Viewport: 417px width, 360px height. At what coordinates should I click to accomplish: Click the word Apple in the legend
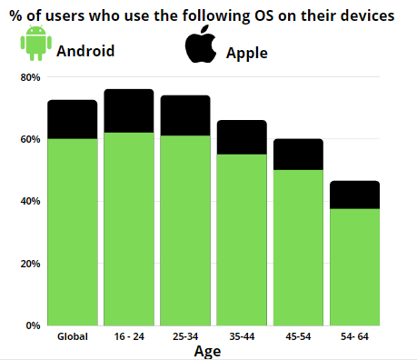tap(247, 54)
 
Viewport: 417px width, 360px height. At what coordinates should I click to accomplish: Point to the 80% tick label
tap(30, 78)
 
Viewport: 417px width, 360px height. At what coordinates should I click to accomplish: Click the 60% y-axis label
tap(30, 140)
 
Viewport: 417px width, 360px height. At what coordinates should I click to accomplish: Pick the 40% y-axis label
tap(30, 202)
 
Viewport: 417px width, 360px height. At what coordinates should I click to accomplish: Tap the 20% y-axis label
tap(30, 264)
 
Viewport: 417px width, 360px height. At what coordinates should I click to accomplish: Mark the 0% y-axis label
tap(33, 325)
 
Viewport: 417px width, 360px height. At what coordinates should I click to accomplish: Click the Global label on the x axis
tap(72, 337)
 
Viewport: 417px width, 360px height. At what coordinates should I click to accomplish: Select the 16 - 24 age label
tap(128, 337)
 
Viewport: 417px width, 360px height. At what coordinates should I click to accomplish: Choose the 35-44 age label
tap(241, 337)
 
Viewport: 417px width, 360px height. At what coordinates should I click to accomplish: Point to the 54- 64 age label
tap(353, 337)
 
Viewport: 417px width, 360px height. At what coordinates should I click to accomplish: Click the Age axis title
tap(207, 351)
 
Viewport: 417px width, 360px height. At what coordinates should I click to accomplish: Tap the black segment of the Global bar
tap(72, 119)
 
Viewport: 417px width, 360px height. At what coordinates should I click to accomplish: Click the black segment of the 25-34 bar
tap(184, 115)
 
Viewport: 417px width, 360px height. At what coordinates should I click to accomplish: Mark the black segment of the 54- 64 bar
tap(353, 195)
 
